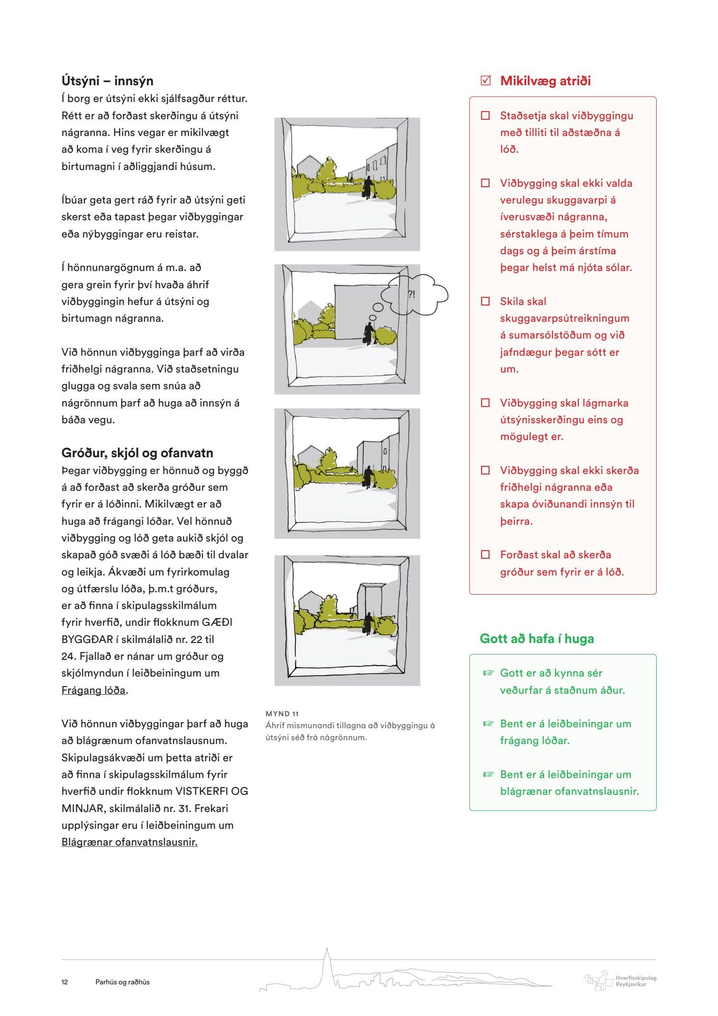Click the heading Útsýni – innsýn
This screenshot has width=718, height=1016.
point(107,81)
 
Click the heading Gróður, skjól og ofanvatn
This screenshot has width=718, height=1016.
point(137,453)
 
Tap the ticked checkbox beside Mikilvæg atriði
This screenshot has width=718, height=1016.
point(485,80)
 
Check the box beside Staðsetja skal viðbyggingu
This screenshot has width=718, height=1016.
point(485,116)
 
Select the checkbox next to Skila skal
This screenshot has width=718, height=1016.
point(485,302)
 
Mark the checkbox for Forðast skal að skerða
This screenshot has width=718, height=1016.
point(485,555)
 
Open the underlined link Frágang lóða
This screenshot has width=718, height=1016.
point(93,690)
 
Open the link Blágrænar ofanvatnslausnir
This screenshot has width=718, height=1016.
point(129,842)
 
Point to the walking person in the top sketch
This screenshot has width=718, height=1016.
point(368,187)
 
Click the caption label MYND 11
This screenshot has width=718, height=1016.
point(282,714)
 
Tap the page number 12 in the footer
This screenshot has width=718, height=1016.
point(65,982)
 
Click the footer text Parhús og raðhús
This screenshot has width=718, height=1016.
point(123,982)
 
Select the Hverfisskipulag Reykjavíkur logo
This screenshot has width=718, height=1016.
point(620,981)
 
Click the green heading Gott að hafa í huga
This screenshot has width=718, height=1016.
point(537,639)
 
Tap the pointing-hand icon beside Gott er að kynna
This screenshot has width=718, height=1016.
point(488,673)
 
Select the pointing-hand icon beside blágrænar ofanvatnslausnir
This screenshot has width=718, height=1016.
point(488,775)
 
